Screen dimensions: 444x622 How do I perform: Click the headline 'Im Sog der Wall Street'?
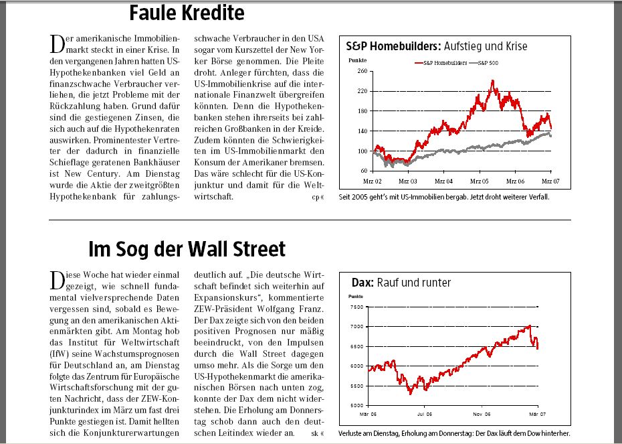pyautogui.click(x=187, y=249)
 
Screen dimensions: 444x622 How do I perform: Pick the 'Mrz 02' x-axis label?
pyautogui.click(x=373, y=181)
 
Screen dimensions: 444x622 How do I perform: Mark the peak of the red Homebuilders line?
pyautogui.click(x=492, y=82)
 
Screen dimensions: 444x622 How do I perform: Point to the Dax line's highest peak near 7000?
pyautogui.click(x=530, y=326)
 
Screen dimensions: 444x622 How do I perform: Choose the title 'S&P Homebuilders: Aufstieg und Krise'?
pyautogui.click(x=436, y=46)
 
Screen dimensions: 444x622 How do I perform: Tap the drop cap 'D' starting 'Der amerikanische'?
pyautogui.click(x=56, y=44)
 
